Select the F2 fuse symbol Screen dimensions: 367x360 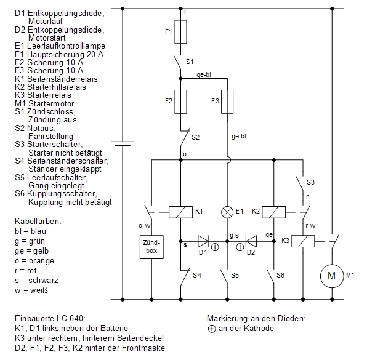click(180, 102)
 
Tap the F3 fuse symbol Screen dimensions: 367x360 click(227, 102)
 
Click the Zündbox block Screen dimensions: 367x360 click(151, 247)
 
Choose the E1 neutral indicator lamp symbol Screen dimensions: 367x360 click(227, 212)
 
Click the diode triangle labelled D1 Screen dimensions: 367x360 click(203, 241)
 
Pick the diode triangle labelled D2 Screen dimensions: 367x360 click(251, 241)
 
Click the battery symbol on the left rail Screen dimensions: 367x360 click(123, 143)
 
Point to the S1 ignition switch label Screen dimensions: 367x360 click(190, 62)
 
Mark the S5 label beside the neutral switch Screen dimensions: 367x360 click(235, 275)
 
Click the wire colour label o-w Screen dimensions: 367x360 click(145, 226)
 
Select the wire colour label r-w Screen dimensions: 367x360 click(310, 226)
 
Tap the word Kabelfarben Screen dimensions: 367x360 click(38, 222)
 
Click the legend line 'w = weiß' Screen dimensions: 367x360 click(31, 290)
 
